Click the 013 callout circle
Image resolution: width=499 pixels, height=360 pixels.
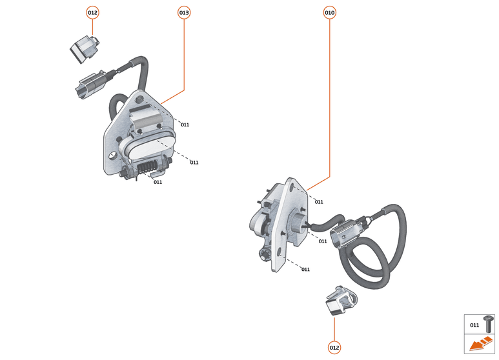pyautogui.click(x=184, y=12)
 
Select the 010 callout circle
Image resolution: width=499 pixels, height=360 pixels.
pyautogui.click(x=330, y=12)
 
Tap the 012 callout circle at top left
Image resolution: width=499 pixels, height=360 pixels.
pyautogui.click(x=92, y=12)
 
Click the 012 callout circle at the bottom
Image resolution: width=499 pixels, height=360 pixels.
pyautogui.click(x=334, y=348)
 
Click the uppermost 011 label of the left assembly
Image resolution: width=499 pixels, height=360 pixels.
pyautogui.click(x=185, y=125)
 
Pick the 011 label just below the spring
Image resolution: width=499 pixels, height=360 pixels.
pyautogui.click(x=158, y=182)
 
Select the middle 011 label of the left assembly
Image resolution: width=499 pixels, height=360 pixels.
pyautogui.click(x=194, y=163)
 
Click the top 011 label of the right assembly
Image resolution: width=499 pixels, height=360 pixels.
pyautogui.click(x=319, y=202)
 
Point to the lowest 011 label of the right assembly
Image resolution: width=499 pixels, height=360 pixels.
pyautogui.click(x=305, y=269)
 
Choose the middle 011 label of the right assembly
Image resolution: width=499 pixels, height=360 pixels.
pyautogui.click(x=323, y=241)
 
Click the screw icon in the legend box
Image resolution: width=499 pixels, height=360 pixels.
pyautogui.click(x=489, y=324)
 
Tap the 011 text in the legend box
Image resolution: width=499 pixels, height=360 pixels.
pyautogui.click(x=474, y=325)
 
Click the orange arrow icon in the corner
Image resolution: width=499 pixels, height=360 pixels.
pyautogui.click(x=480, y=345)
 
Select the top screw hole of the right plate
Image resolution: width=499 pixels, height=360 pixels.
pyautogui.click(x=295, y=188)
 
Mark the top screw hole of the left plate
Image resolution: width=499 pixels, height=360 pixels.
pyautogui.click(x=140, y=99)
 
